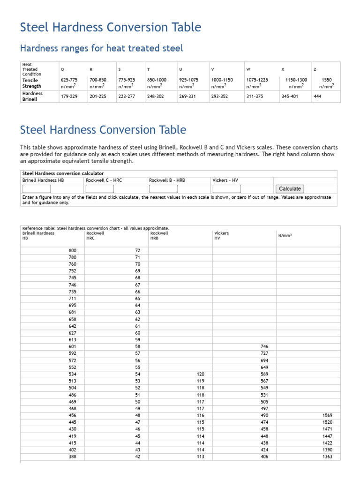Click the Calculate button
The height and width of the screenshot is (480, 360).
290,188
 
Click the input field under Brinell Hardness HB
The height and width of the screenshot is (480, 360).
37,189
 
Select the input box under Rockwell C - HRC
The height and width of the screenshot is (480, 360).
99,189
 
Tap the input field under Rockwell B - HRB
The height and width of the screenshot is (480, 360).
163,189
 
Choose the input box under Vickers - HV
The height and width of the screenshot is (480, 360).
226,189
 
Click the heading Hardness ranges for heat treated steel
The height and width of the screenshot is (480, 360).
101,48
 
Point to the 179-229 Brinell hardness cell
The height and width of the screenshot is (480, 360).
69,97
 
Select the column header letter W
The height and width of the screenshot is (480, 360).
248,69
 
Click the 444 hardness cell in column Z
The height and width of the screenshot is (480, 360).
318,97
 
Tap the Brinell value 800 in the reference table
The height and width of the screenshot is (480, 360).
72,250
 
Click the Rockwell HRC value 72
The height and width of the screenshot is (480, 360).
137,250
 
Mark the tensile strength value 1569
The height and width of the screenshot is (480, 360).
327,415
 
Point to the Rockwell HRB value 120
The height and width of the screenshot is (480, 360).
201,374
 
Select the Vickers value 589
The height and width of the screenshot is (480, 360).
264,374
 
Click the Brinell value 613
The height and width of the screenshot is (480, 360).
72,339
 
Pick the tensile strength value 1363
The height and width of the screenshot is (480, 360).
327,457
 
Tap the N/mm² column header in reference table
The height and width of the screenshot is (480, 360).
285,235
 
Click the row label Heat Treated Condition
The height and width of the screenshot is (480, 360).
32,69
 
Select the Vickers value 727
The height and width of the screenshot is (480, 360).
264,353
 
